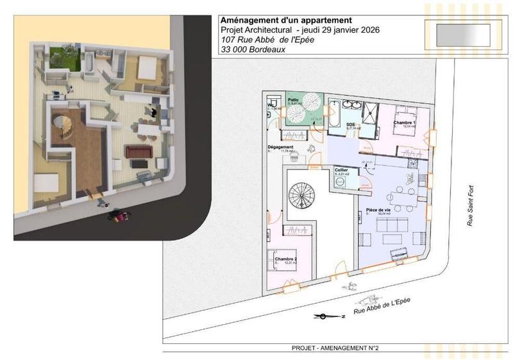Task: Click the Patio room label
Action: [294, 100]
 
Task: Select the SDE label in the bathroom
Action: [351, 124]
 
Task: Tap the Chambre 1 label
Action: [405, 123]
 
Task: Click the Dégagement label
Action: [280, 147]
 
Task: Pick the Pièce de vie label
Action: [378, 210]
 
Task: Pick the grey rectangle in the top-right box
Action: [462, 31]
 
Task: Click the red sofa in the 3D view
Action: [136, 151]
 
